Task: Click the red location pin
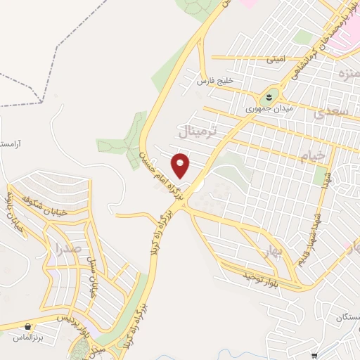pos(181,165)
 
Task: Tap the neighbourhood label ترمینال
pos(199,131)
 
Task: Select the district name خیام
pos(312,155)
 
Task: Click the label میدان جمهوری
pos(264,110)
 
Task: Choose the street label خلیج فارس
pos(214,81)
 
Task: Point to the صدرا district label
pos(67,248)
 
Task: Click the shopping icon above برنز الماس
pos(27,327)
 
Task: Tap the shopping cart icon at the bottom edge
pos(314,356)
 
